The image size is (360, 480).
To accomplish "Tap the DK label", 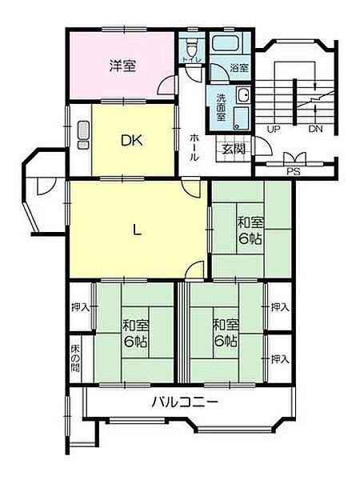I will (x=132, y=142).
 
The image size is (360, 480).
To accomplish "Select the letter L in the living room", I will (x=138, y=230).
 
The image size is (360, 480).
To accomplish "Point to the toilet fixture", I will (x=192, y=45).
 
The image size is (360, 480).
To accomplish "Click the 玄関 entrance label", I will (x=234, y=149).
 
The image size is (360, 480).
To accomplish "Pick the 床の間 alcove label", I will (x=75, y=356).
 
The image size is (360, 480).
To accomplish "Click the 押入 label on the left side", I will (x=79, y=307).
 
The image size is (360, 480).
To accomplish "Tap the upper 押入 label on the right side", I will (x=279, y=307).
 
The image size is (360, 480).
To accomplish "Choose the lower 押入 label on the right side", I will (x=279, y=358).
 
